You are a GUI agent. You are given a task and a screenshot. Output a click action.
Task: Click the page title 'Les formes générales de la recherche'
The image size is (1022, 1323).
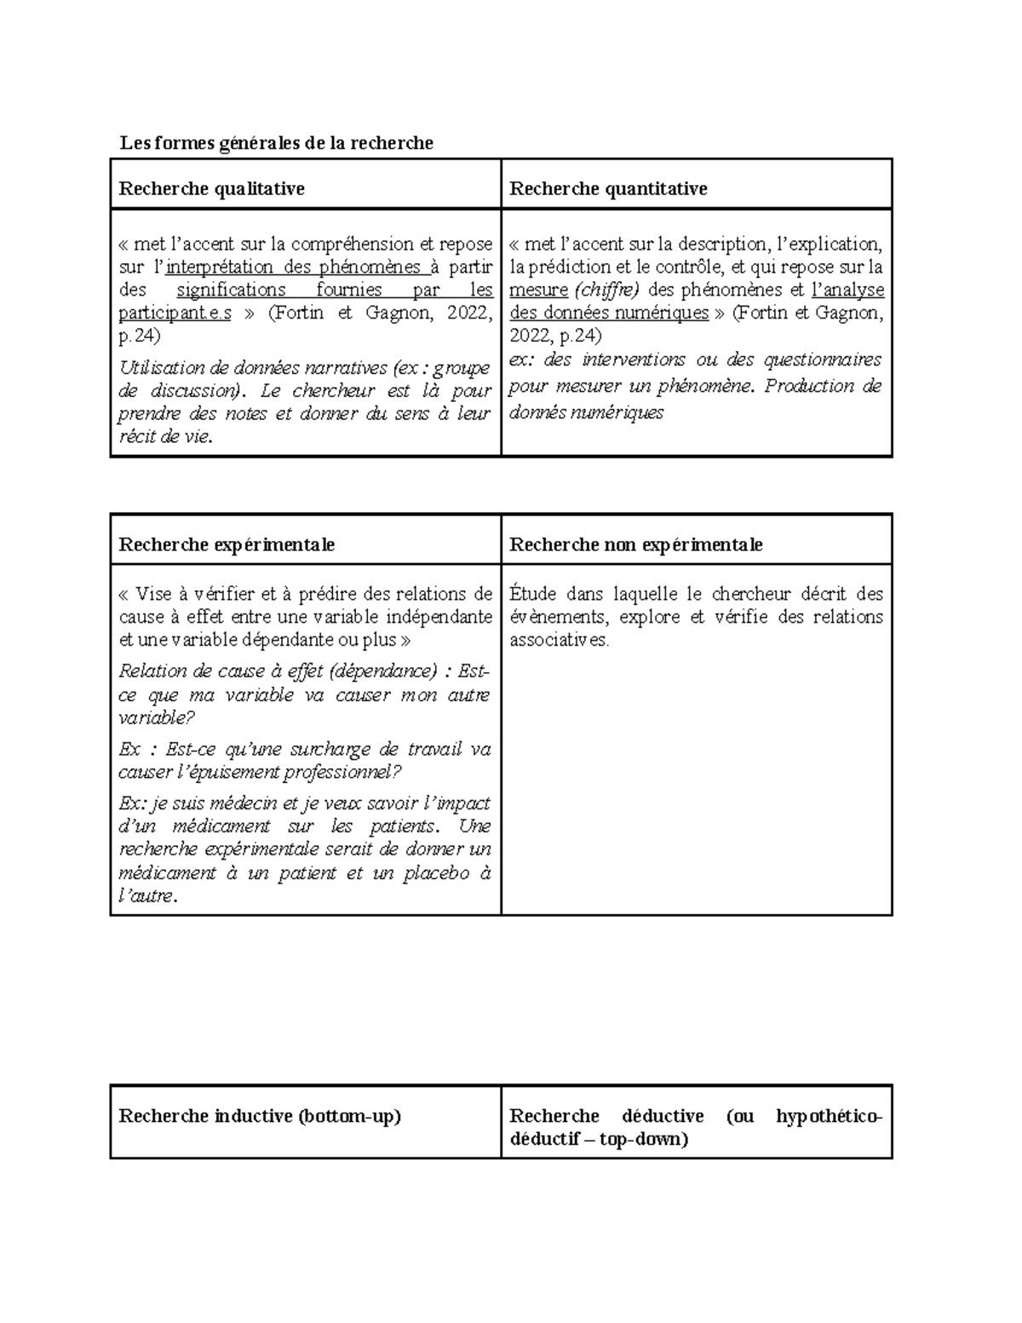coord(277,143)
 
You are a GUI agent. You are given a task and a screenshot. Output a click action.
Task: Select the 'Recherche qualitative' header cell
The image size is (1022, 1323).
coord(211,188)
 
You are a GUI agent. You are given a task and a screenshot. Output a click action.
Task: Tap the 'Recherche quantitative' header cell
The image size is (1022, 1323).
coord(608,188)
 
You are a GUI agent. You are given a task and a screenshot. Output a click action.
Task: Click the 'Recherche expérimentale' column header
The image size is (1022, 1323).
coord(227,544)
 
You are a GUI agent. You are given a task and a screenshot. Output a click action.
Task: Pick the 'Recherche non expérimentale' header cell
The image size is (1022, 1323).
coord(635,544)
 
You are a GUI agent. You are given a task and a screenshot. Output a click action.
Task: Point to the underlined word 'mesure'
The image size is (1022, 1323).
coord(538,290)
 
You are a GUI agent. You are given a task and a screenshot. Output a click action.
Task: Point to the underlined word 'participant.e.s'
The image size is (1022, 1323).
coord(175,313)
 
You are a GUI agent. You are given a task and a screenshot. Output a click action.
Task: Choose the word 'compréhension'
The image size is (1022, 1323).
coord(357,244)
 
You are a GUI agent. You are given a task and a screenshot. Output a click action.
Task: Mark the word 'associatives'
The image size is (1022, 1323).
coord(558,640)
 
